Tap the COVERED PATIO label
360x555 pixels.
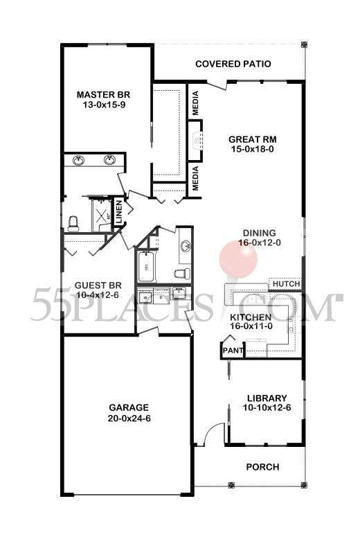point(233,64)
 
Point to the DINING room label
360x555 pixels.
point(260,233)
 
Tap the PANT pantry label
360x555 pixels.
point(231,351)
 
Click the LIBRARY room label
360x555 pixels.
point(267,398)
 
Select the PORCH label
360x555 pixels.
point(263,467)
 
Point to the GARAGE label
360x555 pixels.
point(129,407)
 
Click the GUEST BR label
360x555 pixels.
point(98,285)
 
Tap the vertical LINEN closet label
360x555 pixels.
point(118,210)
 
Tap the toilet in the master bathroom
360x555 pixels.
point(78,219)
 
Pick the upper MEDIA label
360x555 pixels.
point(196,103)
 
